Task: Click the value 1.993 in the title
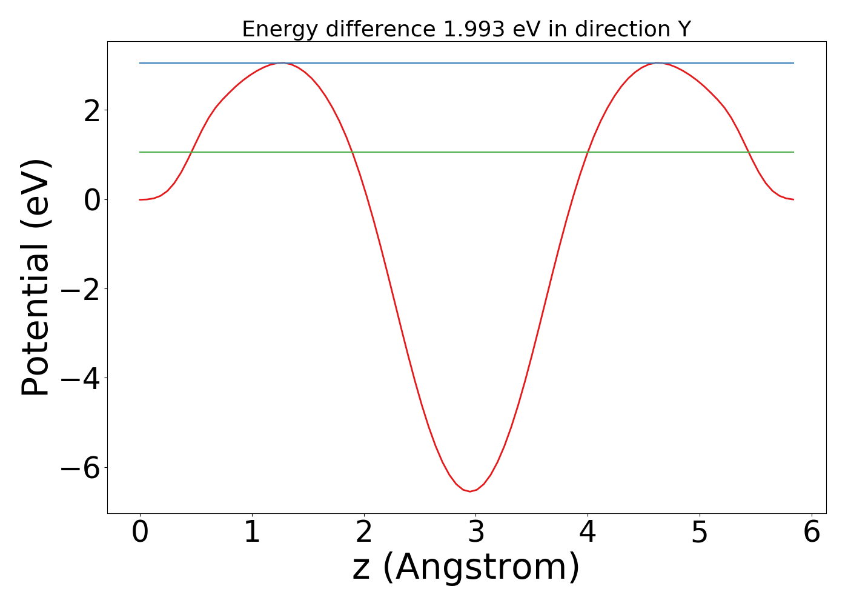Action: pyautogui.click(x=474, y=29)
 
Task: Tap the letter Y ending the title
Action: pyautogui.click(x=684, y=29)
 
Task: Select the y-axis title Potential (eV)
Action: pyautogui.click(x=36, y=278)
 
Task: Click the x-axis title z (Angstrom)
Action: pyautogui.click(x=466, y=567)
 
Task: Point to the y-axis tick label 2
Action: pyautogui.click(x=92, y=110)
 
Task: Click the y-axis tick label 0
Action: pyautogui.click(x=92, y=199)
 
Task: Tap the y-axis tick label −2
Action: pyautogui.click(x=82, y=289)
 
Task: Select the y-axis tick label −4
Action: pyautogui.click(x=82, y=378)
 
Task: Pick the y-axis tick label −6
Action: pyautogui.click(x=82, y=468)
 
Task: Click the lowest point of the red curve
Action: pyautogui.click(x=469, y=491)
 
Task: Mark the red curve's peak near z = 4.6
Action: pyautogui.click(x=657, y=63)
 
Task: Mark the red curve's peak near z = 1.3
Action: pyautogui.click(x=282, y=63)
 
